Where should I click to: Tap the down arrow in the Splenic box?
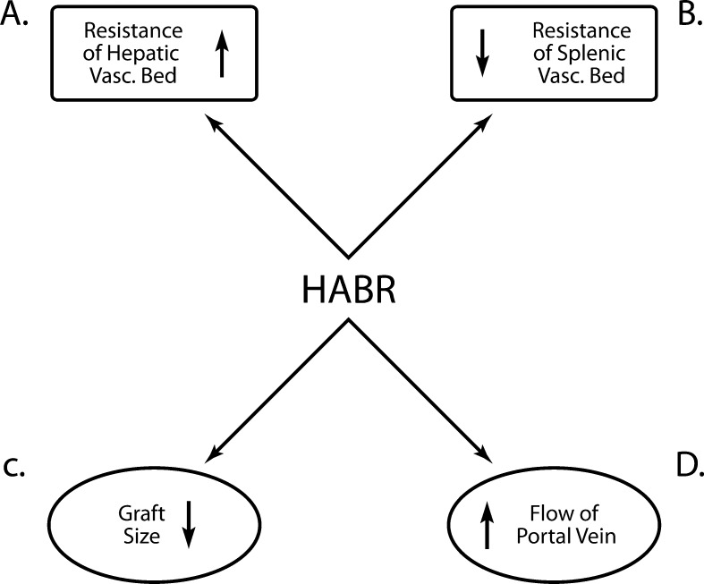[x=482, y=52]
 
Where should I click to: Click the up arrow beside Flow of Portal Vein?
[x=487, y=525]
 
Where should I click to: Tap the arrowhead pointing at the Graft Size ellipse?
[x=211, y=458]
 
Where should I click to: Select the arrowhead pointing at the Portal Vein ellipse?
[x=487, y=458]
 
